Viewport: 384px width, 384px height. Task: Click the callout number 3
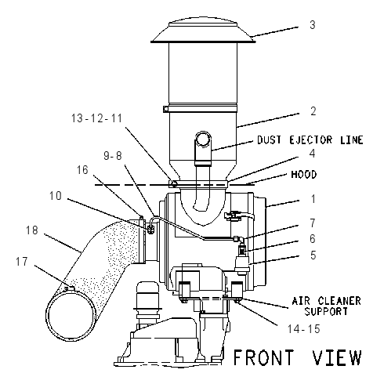pyautogui.click(x=313, y=25)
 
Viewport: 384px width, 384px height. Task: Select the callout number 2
pyautogui.click(x=313, y=111)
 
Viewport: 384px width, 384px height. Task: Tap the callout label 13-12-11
pyautogui.click(x=96, y=118)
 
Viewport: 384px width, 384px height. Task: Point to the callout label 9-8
pyautogui.click(x=113, y=156)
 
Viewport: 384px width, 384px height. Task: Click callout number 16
pyautogui.click(x=82, y=170)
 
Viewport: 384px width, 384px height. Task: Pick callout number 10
pyautogui.click(x=56, y=196)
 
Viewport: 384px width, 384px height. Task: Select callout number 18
pyautogui.click(x=32, y=230)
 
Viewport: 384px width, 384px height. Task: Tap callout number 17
pyautogui.click(x=22, y=262)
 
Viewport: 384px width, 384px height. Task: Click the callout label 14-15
pyautogui.click(x=304, y=329)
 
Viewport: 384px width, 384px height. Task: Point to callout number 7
pyautogui.click(x=313, y=223)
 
